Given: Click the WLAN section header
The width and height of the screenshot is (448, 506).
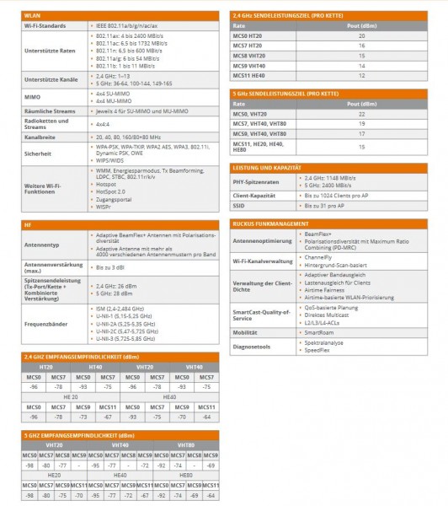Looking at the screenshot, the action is (34, 15).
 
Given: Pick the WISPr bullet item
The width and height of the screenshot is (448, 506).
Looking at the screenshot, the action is (107, 207).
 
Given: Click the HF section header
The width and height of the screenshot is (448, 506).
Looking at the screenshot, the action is (29, 225).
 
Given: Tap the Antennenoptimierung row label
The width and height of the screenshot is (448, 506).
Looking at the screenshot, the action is (260, 241).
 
